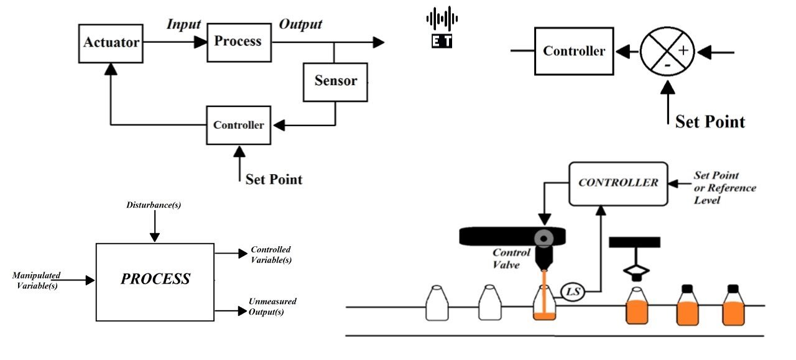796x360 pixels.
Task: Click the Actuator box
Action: tap(111, 44)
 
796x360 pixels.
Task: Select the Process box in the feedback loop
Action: tap(239, 42)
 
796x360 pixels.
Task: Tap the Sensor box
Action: tap(335, 81)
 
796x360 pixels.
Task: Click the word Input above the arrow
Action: tap(183, 24)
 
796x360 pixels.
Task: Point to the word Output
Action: tap(300, 24)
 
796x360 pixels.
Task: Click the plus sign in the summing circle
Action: tap(683, 51)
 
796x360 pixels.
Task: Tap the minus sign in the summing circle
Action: tap(666, 64)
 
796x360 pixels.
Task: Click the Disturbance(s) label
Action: tap(154, 205)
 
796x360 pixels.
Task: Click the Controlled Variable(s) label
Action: tap(271, 255)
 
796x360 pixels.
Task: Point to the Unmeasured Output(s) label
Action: tap(272, 307)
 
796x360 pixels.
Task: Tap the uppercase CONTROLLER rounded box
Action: tap(618, 183)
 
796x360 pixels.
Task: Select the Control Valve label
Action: tap(511, 257)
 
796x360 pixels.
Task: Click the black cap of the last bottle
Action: tap(733, 288)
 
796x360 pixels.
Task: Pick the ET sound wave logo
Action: tap(442, 27)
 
